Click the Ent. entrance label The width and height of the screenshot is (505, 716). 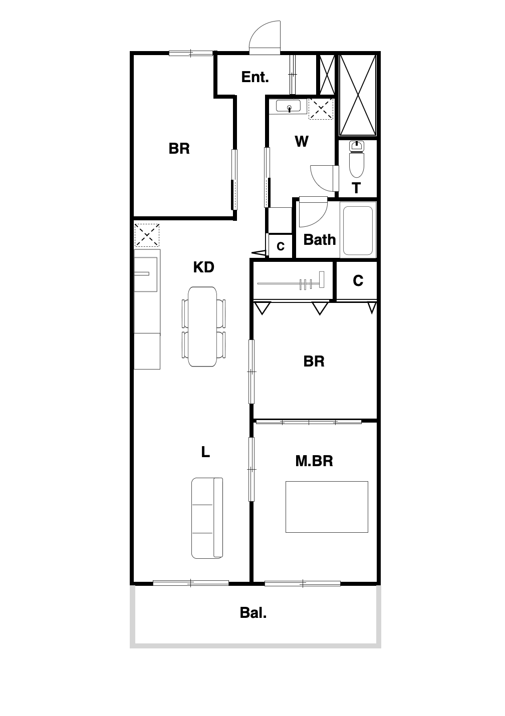(x=255, y=77)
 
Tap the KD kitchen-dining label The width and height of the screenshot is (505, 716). (x=203, y=267)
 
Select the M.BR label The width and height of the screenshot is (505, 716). (x=314, y=461)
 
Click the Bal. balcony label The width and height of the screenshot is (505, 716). (x=253, y=613)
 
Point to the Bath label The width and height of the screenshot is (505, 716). (x=319, y=240)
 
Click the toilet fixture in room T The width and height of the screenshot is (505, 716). (x=357, y=160)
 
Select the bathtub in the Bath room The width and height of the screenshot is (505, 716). (x=358, y=230)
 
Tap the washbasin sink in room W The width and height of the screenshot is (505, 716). (x=288, y=106)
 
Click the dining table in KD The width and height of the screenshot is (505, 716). (x=202, y=326)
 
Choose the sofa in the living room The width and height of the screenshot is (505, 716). (x=207, y=518)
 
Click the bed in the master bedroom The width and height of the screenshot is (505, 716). (x=327, y=507)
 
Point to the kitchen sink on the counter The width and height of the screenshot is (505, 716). (x=145, y=274)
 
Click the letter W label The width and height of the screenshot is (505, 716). (x=302, y=141)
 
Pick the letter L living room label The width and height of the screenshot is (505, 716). (x=205, y=452)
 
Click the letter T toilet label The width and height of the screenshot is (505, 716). (x=356, y=188)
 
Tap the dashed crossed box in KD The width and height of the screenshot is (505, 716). (x=147, y=235)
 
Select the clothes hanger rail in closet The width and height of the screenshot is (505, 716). (x=291, y=283)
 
